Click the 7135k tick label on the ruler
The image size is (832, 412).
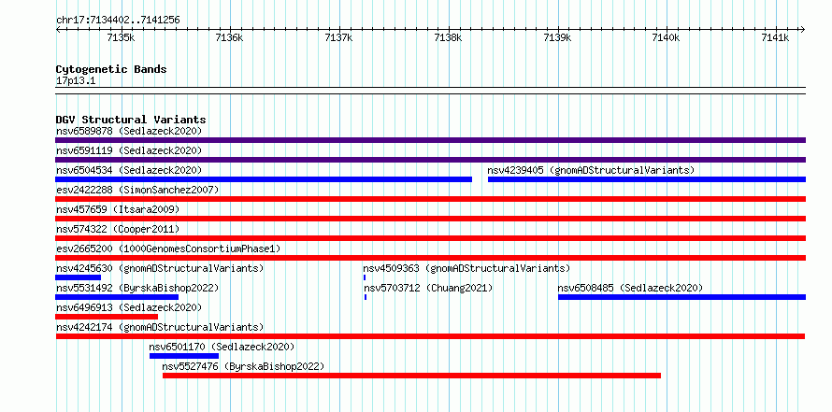[121, 37]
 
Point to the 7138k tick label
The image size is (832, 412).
[448, 37]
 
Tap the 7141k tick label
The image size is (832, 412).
[775, 37]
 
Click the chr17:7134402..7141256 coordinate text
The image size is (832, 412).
[118, 21]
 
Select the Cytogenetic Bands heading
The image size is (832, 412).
[111, 69]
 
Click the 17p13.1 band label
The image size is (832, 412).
[76, 81]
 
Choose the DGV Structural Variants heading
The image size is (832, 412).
[131, 120]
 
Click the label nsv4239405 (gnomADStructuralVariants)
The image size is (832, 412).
[591, 170]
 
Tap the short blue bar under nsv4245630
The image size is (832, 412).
[78, 277]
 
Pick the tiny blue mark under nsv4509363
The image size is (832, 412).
[365, 277]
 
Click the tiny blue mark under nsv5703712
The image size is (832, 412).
[366, 297]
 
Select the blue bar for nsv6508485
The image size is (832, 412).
[681, 297]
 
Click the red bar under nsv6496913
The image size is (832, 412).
[107, 317]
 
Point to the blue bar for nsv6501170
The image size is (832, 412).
[184, 356]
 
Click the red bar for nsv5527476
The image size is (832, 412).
[411, 376]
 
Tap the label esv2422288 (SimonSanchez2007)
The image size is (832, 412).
[137, 190]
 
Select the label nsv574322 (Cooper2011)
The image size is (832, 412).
[118, 229]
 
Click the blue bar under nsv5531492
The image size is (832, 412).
[117, 297]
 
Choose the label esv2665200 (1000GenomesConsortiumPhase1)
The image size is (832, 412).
[168, 249]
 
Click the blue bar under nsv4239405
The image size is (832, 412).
[647, 179]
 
